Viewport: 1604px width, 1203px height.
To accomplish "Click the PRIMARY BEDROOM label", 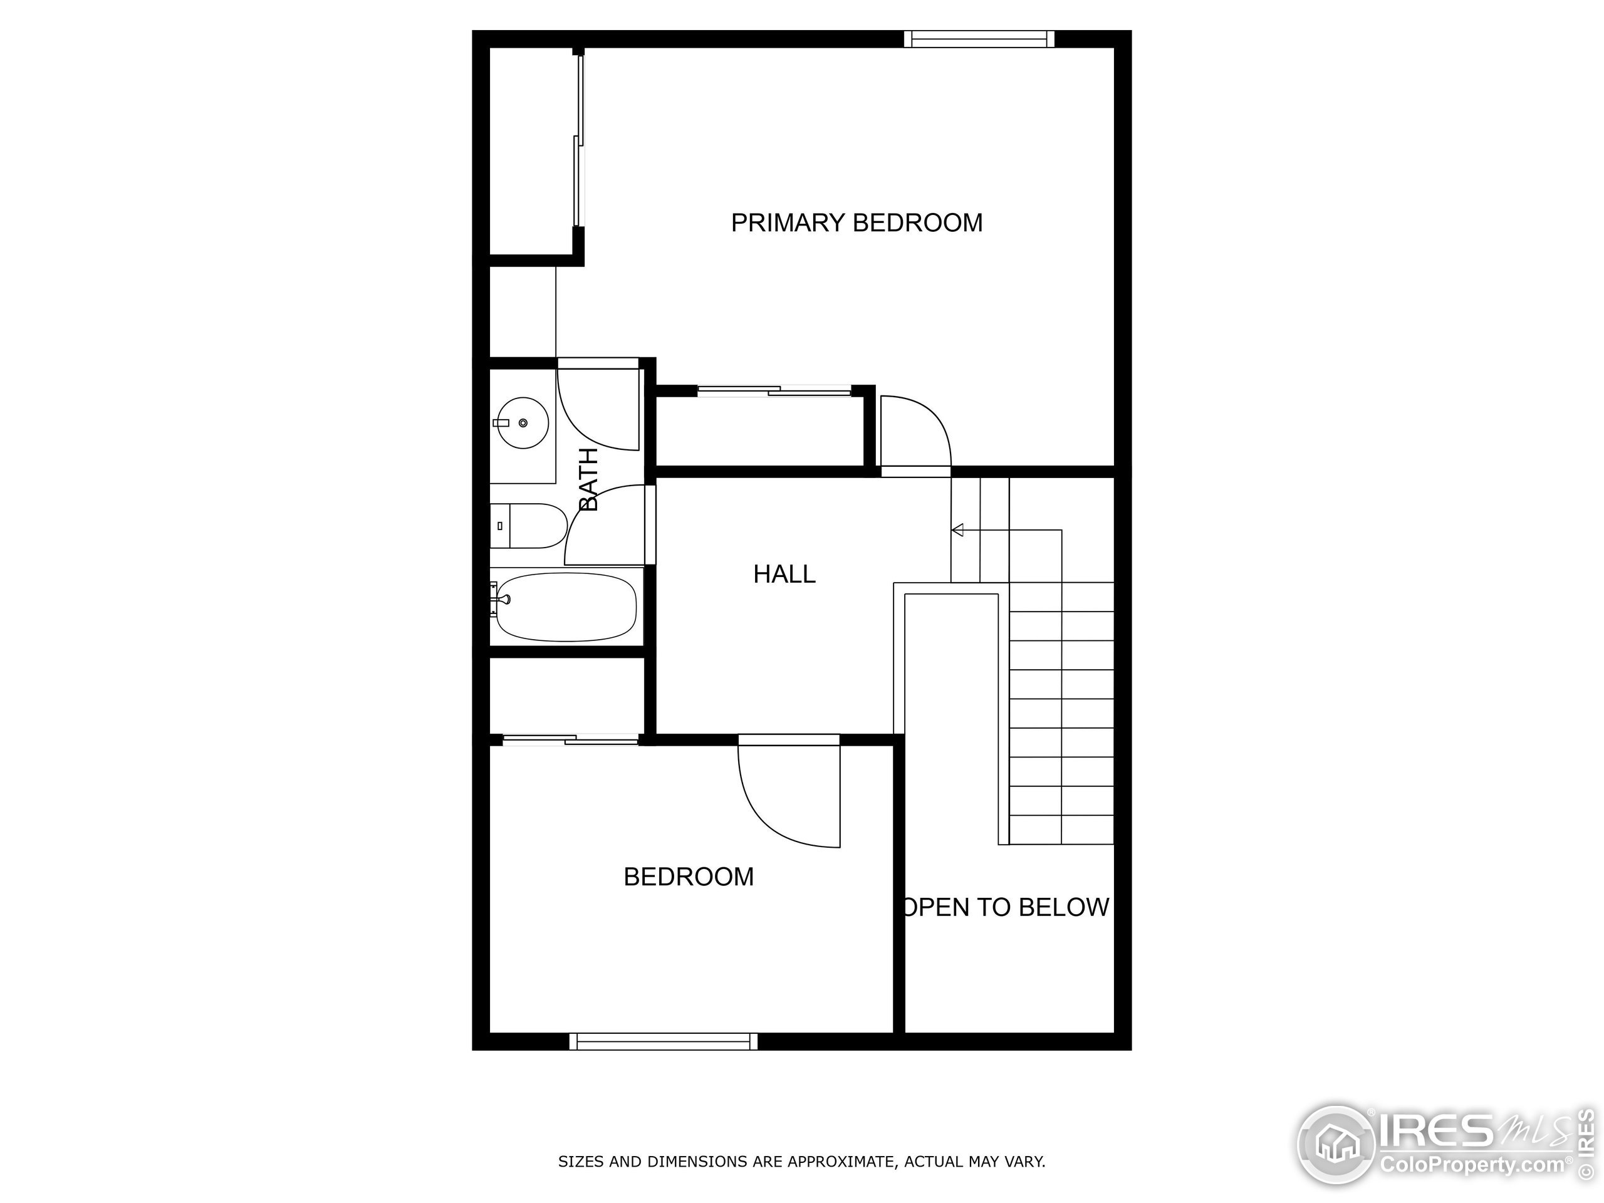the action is tap(857, 222).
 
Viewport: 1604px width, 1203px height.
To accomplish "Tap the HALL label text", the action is tap(784, 575).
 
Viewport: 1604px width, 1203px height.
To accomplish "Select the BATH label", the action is tap(589, 479).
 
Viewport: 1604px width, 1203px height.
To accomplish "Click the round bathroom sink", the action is tap(522, 423).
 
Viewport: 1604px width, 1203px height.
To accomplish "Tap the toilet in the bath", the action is tap(529, 526).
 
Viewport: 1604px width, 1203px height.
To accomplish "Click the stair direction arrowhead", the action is tap(957, 530).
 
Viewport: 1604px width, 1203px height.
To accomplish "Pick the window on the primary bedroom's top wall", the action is tap(979, 38).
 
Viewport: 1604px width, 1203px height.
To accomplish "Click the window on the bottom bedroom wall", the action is tap(664, 1041).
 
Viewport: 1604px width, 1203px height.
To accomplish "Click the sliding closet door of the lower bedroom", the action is tap(570, 739).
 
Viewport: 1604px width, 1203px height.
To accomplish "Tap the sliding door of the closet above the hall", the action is tap(774, 392).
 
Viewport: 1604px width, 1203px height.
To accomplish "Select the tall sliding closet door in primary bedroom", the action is tap(579, 142).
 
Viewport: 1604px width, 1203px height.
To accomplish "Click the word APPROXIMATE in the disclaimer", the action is tap(840, 1162).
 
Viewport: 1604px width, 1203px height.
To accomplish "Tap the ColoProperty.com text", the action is tap(1472, 1165).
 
